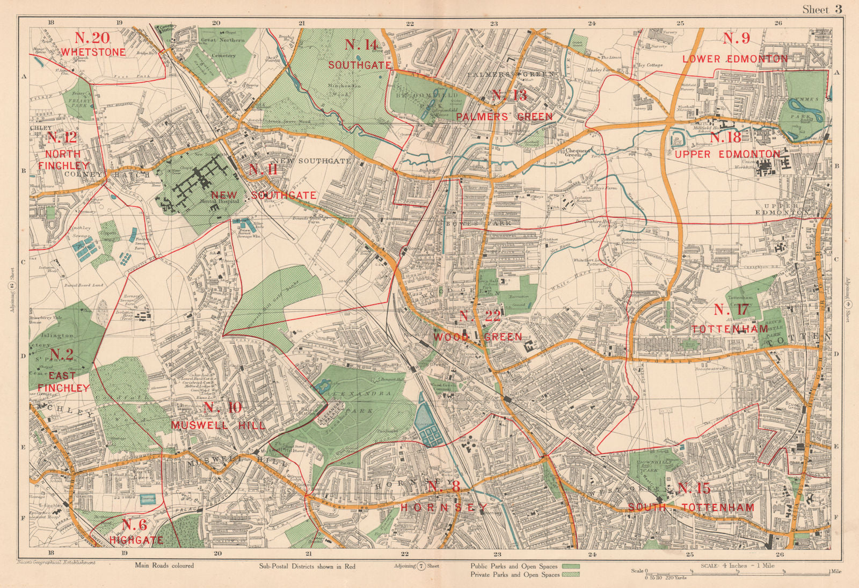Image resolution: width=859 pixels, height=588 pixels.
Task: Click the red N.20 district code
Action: click(x=92, y=38)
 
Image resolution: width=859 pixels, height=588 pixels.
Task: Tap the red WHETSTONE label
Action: click(x=93, y=52)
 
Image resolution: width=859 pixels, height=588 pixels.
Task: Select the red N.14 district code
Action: click(x=361, y=45)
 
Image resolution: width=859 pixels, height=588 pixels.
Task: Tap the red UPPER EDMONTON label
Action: click(x=727, y=154)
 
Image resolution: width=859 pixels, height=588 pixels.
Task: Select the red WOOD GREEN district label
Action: click(x=477, y=337)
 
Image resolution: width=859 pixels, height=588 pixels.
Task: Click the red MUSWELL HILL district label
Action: click(x=218, y=425)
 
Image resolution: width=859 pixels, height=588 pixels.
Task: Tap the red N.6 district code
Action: click(x=134, y=525)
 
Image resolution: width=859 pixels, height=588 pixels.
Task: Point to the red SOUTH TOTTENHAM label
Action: click(x=691, y=507)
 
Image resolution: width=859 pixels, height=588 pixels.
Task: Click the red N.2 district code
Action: click(x=61, y=354)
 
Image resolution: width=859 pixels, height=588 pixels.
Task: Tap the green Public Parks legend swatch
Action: click(x=571, y=566)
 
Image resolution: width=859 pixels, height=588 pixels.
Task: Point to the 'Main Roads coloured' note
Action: click(x=164, y=565)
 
